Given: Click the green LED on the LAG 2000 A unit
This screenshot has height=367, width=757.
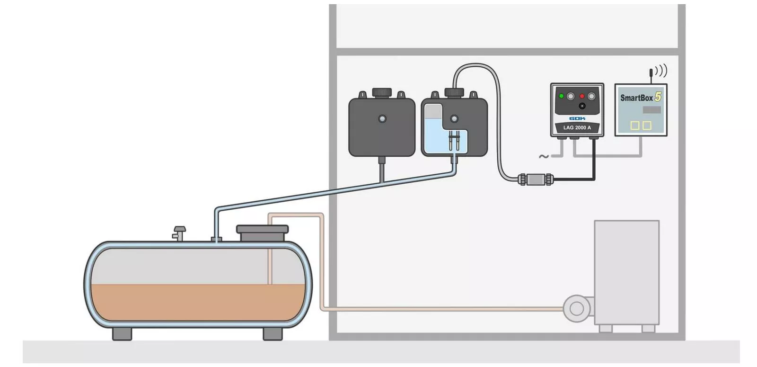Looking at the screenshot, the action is (561, 96).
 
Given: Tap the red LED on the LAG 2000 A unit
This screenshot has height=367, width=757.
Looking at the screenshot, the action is (582, 97).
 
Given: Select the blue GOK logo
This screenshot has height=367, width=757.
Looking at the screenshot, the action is (577, 118).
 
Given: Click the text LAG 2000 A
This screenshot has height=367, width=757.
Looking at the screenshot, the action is (577, 127).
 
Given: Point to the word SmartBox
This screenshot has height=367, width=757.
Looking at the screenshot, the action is (636, 98).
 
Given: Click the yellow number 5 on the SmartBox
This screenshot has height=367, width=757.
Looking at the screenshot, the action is (658, 97).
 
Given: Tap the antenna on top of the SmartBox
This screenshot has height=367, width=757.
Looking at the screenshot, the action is (651, 76).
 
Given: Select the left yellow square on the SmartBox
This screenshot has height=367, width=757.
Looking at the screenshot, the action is (635, 125).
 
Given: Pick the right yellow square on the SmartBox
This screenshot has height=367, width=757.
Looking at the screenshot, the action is (647, 125).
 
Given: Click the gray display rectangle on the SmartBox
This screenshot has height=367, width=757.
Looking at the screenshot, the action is (651, 109).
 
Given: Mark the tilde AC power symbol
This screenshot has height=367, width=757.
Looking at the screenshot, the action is (544, 156).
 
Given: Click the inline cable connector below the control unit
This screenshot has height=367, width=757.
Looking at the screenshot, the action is (536, 179).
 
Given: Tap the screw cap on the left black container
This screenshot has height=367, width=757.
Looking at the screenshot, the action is (382, 93).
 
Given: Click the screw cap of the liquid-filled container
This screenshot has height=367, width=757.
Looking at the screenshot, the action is (454, 93).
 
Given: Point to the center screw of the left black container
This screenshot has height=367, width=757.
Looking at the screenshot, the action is (382, 119).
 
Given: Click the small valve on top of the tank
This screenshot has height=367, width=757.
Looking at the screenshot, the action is (179, 233).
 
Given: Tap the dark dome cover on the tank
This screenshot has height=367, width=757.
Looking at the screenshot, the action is (262, 233).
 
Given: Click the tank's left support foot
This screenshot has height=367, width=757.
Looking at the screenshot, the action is (122, 333).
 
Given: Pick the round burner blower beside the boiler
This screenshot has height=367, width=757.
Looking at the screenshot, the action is (577, 308).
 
